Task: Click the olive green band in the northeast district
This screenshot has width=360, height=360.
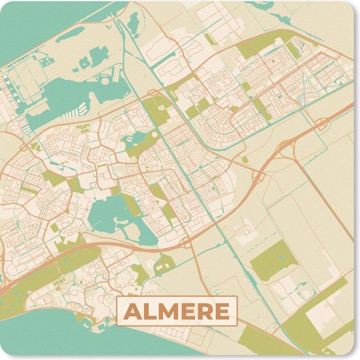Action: [255, 46]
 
